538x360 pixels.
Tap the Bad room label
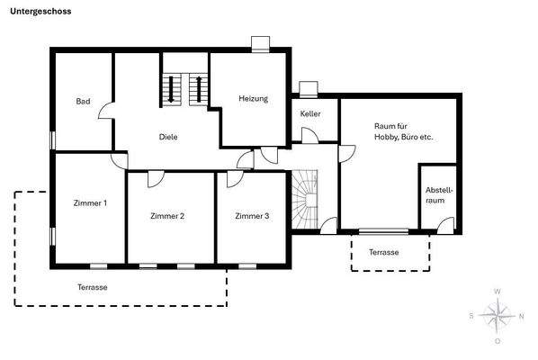click(82, 101)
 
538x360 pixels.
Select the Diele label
click(167, 137)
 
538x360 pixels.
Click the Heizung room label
click(253, 98)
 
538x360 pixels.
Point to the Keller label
click(310, 114)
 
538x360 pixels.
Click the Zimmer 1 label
click(90, 203)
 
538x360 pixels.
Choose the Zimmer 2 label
click(167, 216)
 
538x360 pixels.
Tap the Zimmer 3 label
click(252, 216)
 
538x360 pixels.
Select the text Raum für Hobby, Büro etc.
click(403, 131)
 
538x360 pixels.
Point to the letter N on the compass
click(523, 316)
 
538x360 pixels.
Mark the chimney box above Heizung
click(261, 41)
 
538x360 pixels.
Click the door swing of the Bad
click(105, 112)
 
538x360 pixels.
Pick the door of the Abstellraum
click(445, 224)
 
